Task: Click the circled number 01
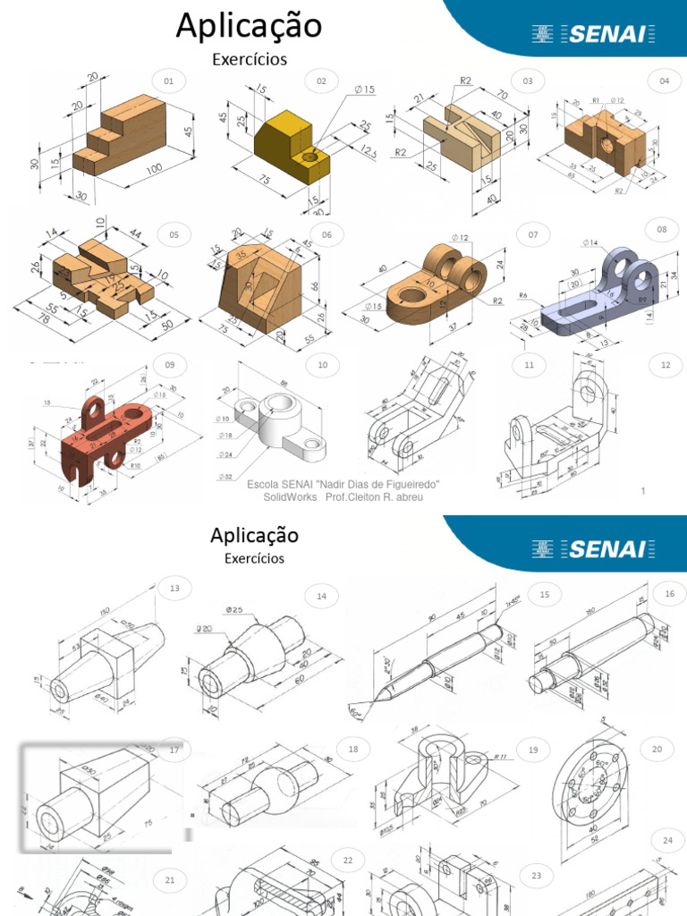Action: pos(168,81)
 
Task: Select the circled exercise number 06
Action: pos(327,235)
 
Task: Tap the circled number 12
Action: pos(666,365)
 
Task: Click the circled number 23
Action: pos(536,876)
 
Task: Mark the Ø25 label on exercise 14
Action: pos(234,610)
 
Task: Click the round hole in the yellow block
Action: pos(310,157)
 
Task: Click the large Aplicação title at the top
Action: pos(249,26)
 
